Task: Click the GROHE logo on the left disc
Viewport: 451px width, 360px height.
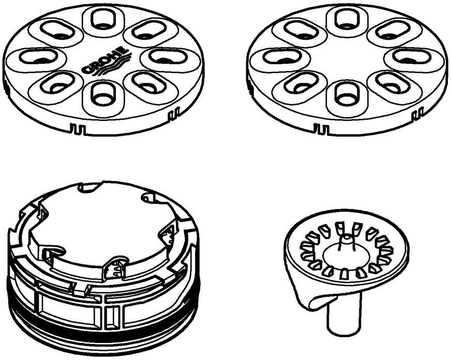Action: tap(104, 61)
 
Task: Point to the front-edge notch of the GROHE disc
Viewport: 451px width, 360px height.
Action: tap(78, 128)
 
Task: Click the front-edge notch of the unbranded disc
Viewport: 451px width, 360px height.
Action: tap(322, 128)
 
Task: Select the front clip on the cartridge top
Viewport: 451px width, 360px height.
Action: tap(114, 268)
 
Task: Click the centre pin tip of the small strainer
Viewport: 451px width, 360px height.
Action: tap(347, 238)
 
